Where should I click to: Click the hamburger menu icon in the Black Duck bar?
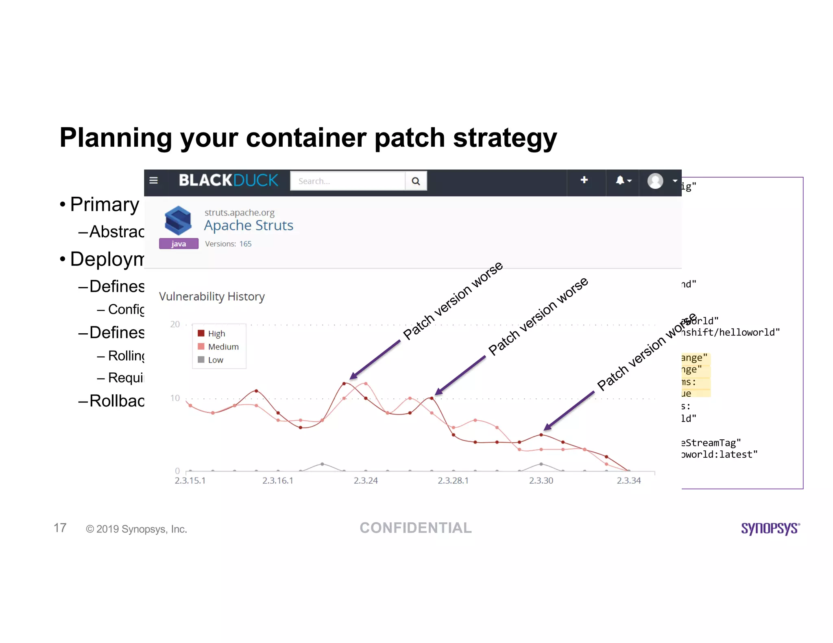point(153,180)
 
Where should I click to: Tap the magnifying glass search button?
point(416,181)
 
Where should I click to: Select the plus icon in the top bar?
point(584,180)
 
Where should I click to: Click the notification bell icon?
point(620,180)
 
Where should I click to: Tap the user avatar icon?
point(655,181)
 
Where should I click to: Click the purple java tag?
point(179,244)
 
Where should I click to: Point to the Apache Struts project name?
point(249,226)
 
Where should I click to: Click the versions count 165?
point(245,244)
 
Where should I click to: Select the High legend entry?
point(216,334)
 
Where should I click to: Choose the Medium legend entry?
point(223,347)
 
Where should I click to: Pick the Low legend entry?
point(215,360)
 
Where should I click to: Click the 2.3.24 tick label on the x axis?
point(366,481)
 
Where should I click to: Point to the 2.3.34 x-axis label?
point(629,481)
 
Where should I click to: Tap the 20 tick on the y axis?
point(175,324)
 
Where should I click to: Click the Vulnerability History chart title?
point(212,297)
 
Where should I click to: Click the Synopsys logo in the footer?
point(770,528)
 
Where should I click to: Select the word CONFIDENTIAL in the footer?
point(416,528)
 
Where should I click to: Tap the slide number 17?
point(60,528)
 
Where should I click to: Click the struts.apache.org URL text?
point(239,213)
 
